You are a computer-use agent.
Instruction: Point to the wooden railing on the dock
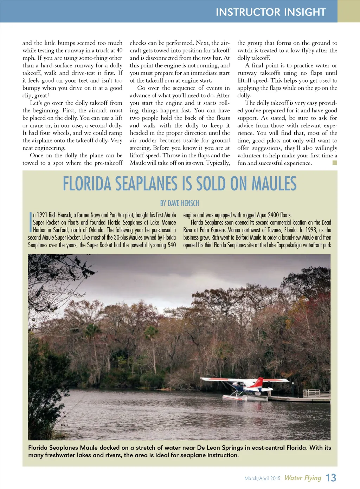pyautogui.click(x=316, y=393)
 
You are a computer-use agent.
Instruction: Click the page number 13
pyautogui.click(x=331, y=478)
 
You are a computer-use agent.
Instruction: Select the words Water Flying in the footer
pyautogui.click(x=303, y=478)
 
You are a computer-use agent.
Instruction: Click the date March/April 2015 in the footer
pyautogui.click(x=262, y=478)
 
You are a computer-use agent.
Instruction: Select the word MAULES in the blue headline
pyautogui.click(x=274, y=184)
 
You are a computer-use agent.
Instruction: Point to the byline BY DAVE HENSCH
pyautogui.click(x=180, y=203)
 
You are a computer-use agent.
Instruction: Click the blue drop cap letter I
pyautogui.click(x=31, y=222)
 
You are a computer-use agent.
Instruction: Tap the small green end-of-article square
pyautogui.click(x=335, y=163)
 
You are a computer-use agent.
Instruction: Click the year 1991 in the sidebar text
pyautogui.click(x=42, y=215)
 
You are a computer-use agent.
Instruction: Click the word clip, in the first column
pyautogui.click(x=29, y=96)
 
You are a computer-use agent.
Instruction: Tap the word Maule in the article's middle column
pyautogui.click(x=137, y=163)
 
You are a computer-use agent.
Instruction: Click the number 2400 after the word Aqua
pyautogui.click(x=273, y=215)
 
